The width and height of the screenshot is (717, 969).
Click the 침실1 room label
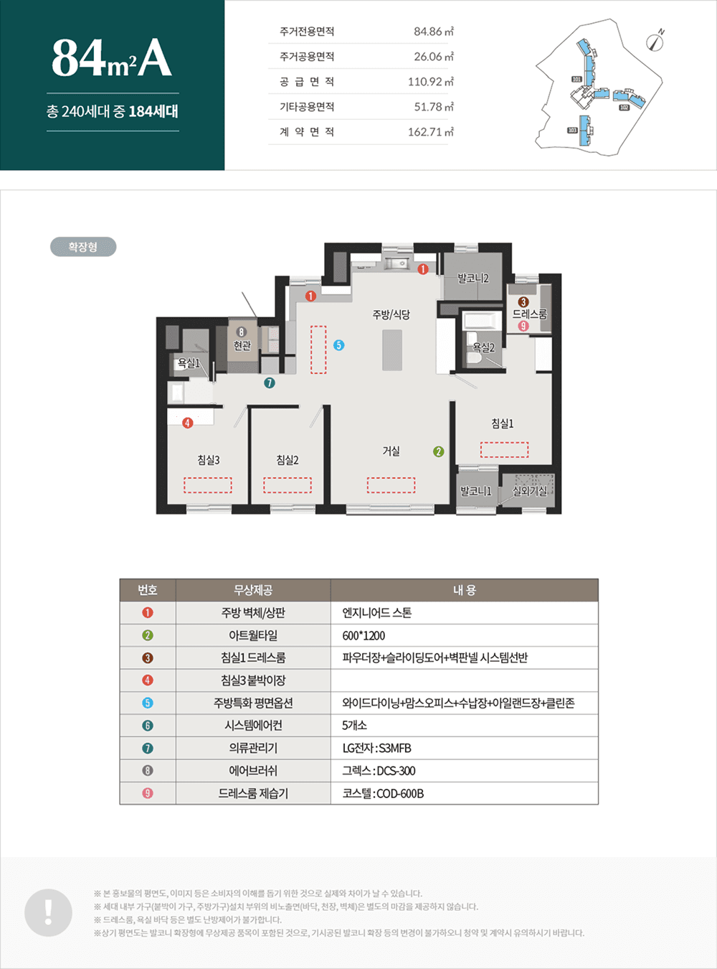(503, 423)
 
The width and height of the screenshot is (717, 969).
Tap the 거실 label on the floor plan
(391, 451)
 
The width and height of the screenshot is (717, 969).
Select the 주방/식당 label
(391, 314)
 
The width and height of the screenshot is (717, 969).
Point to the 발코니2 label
(473, 278)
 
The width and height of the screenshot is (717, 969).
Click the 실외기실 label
(529, 491)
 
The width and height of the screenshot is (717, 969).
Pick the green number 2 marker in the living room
(439, 451)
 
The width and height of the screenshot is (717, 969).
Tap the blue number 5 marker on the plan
(338, 345)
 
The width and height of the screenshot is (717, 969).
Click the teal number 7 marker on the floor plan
(270, 383)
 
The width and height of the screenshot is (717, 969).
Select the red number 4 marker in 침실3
(188, 423)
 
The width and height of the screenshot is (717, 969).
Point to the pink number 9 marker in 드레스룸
(523, 326)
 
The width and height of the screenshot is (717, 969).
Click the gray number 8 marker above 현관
(242, 332)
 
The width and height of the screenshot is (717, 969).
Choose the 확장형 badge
(83, 247)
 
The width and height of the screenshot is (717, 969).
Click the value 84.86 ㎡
(434, 32)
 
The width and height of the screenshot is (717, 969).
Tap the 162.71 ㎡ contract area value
(431, 132)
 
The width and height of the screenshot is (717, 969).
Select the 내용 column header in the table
(465, 590)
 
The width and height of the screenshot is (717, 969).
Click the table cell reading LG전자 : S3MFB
(376, 749)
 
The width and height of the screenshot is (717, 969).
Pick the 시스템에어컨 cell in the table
(253, 726)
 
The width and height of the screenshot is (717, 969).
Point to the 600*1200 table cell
(364, 636)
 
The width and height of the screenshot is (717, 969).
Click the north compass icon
(655, 41)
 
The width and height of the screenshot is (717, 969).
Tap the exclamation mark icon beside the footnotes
(49, 912)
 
